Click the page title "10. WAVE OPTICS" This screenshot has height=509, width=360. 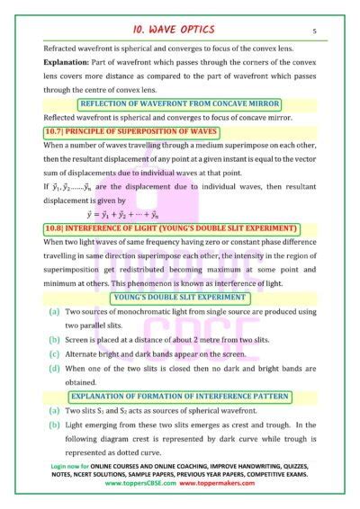tap(181, 29)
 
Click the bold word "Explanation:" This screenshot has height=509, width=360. tap(65, 67)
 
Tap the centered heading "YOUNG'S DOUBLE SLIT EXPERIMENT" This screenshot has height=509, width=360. tap(180, 297)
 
